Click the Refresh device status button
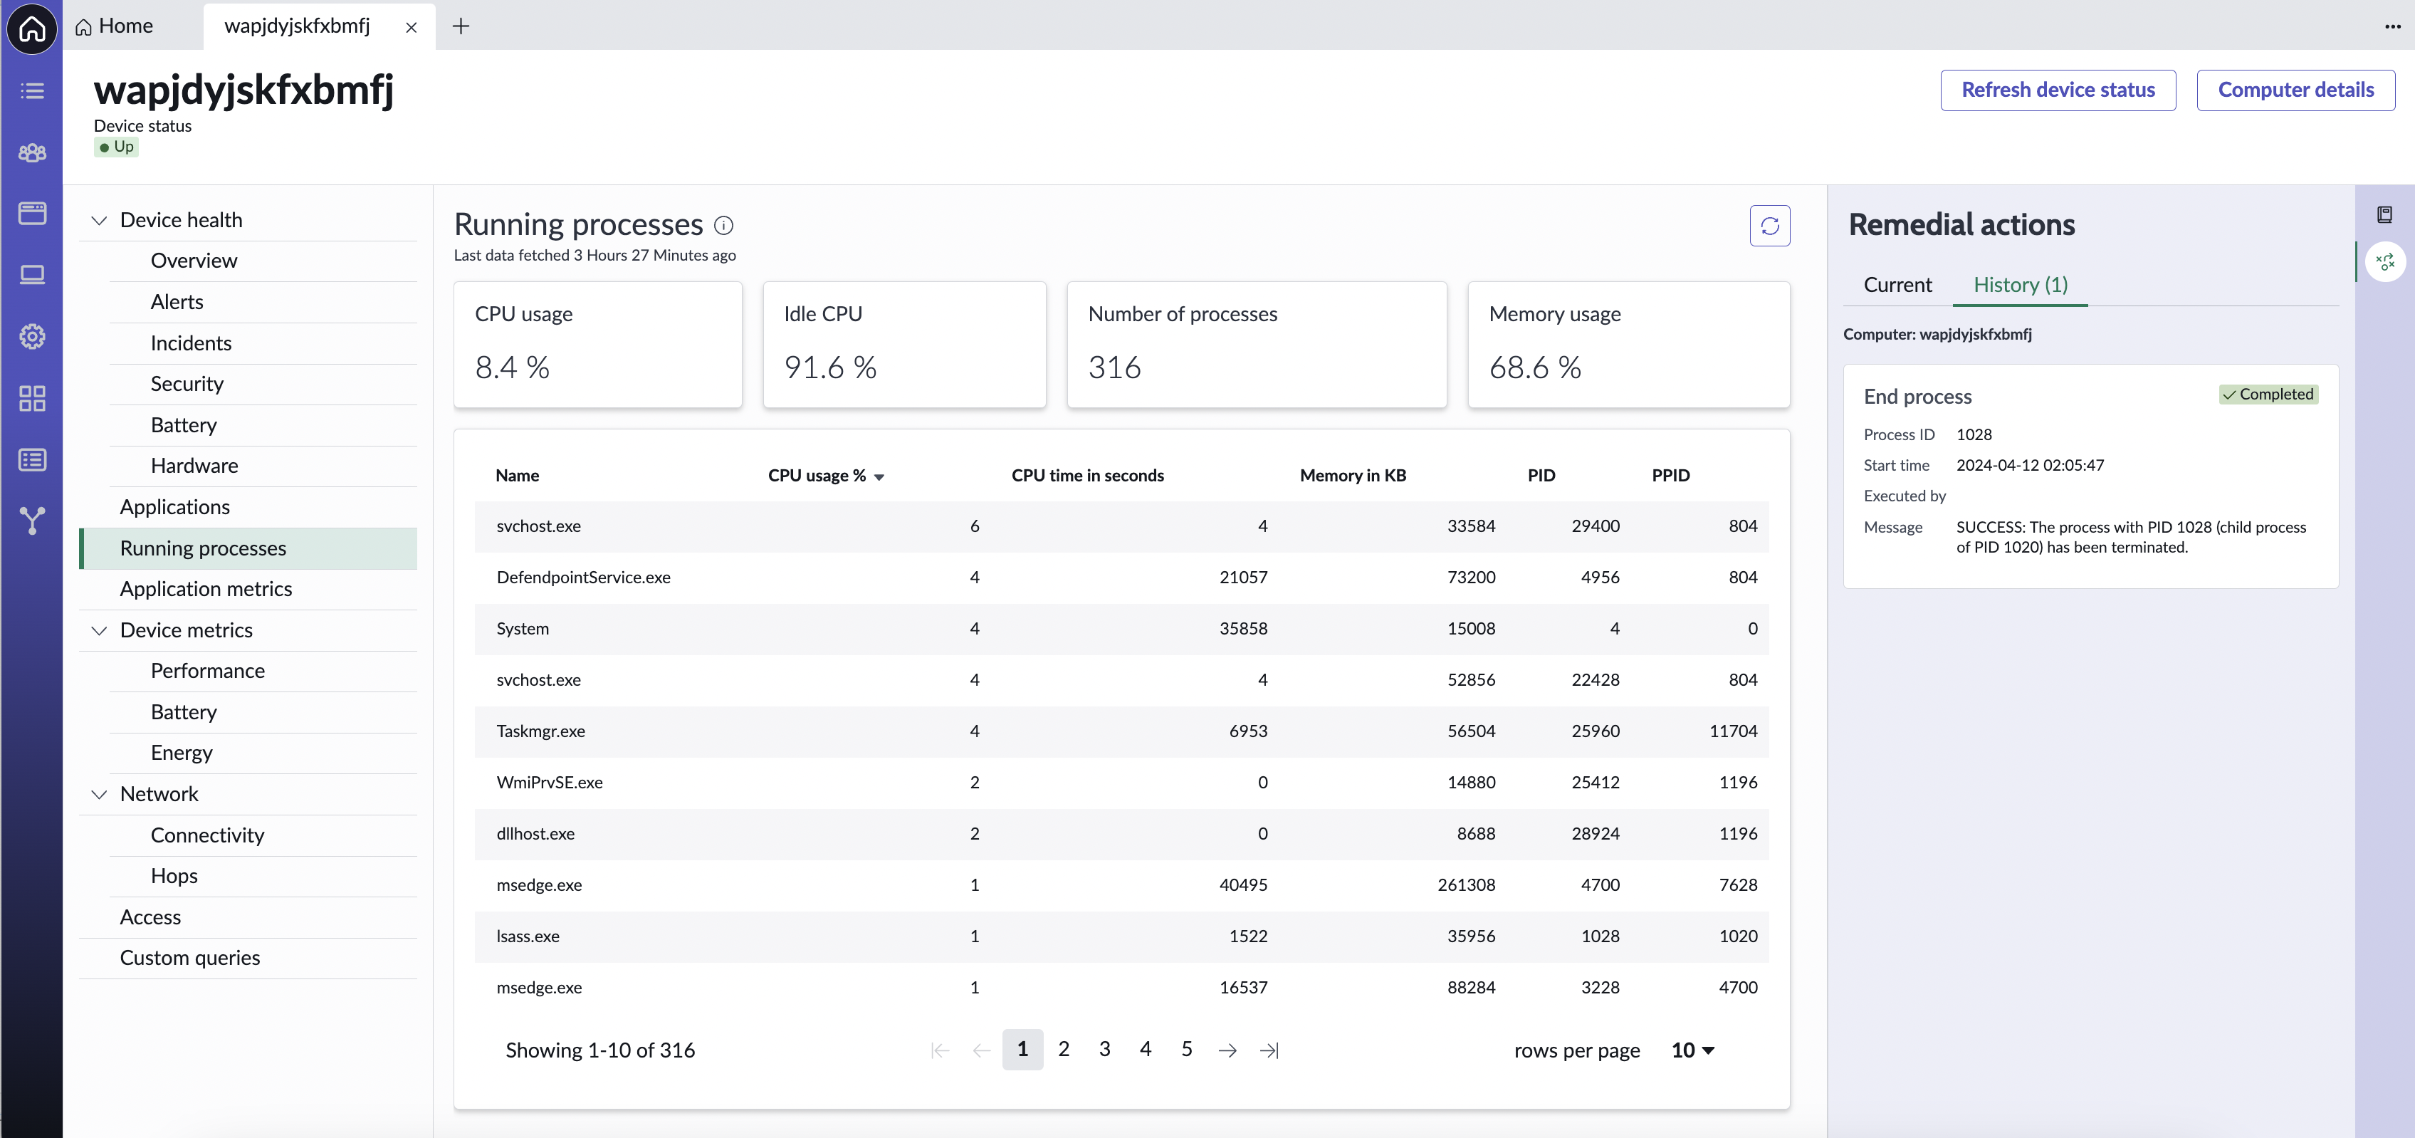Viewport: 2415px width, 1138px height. [x=2058, y=90]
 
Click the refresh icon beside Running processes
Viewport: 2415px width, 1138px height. [x=1769, y=226]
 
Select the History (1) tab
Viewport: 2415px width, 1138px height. [x=2021, y=285]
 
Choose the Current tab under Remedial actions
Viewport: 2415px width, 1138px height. [x=1897, y=285]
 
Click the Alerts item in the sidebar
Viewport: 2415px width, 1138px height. [x=177, y=302]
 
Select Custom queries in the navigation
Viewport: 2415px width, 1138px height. [x=190, y=958]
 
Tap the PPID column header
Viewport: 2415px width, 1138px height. [x=1670, y=475]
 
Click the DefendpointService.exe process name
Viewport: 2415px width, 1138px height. [x=583, y=578]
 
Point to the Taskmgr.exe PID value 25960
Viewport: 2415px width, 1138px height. [x=1596, y=731]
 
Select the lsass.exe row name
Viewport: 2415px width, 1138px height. [x=528, y=936]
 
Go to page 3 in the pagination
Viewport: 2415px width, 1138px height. [x=1104, y=1049]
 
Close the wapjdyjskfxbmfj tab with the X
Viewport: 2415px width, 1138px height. [x=411, y=27]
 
